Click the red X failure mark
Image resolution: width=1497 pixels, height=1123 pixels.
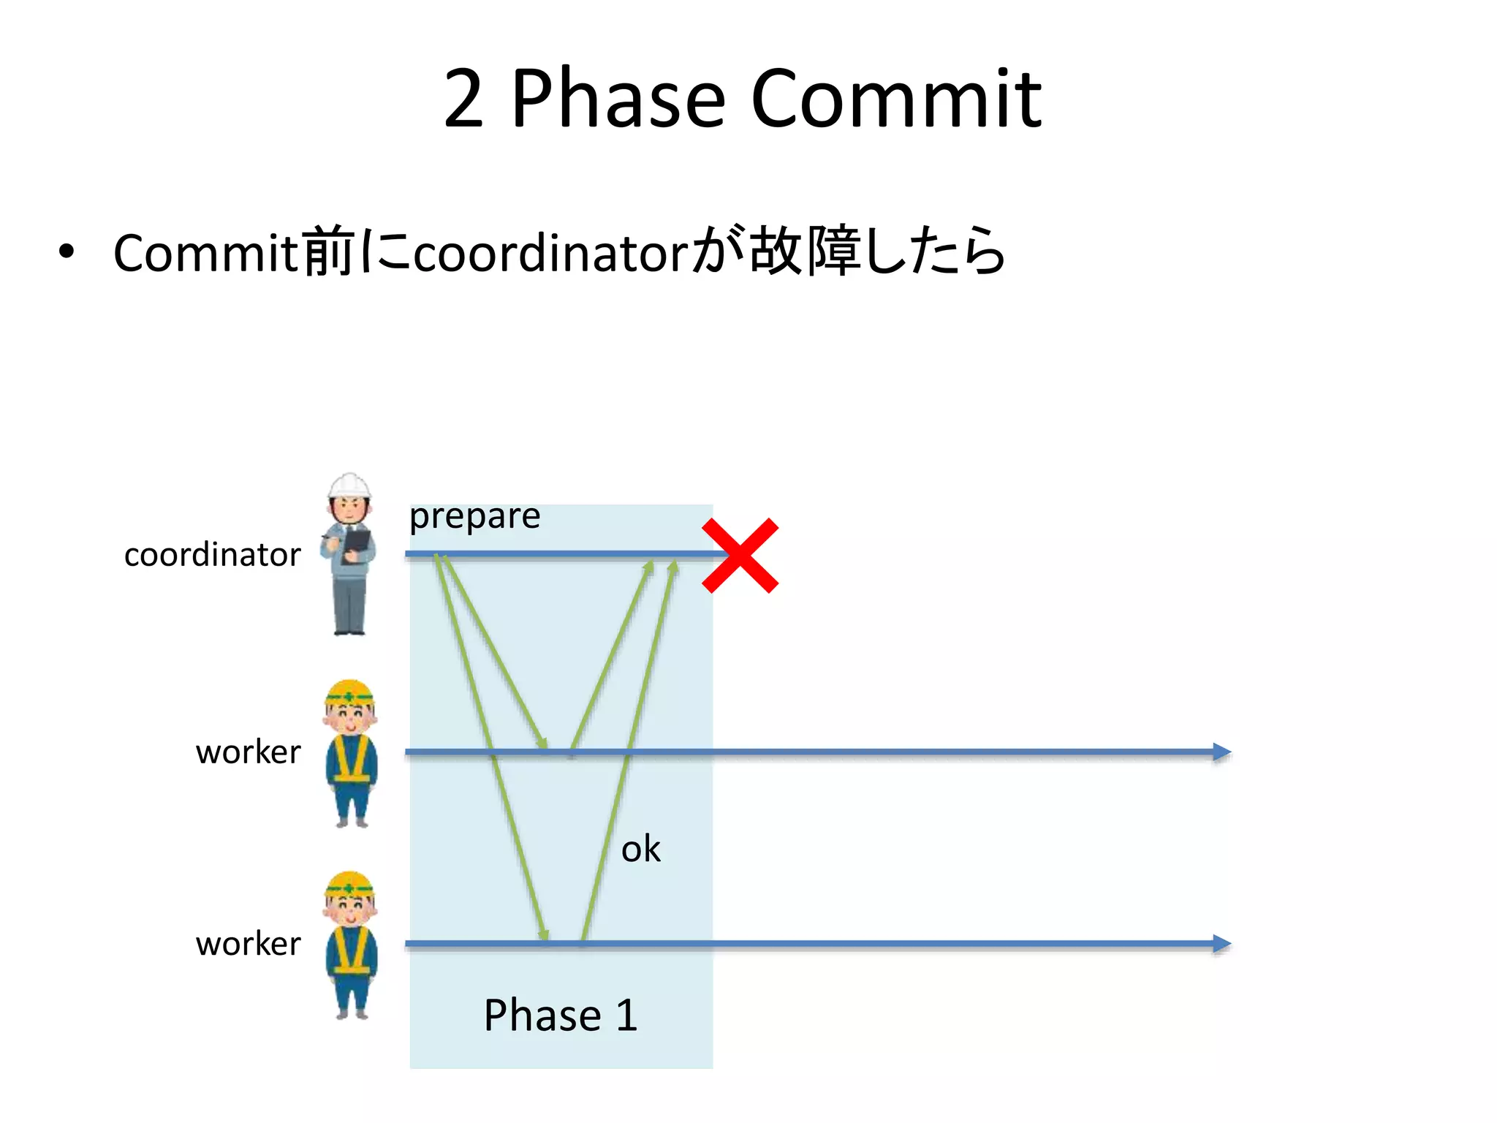click(x=740, y=556)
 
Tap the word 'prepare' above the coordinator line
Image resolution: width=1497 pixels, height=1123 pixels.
click(x=474, y=517)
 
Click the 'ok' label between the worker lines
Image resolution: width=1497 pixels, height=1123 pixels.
click(x=640, y=850)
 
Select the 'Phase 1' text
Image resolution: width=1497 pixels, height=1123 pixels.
click(x=561, y=1015)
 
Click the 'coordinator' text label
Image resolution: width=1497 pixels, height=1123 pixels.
click(x=212, y=555)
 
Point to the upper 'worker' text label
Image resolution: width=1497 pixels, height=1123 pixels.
click(x=248, y=752)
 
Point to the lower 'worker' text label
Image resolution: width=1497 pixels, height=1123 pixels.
click(x=248, y=944)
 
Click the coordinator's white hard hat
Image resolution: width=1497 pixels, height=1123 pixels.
click(x=349, y=485)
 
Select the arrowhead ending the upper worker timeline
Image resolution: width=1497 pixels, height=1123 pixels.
click(x=1221, y=752)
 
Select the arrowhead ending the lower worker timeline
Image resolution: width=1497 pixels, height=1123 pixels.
click(x=1221, y=943)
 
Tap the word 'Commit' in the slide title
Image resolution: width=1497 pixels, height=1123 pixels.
click(x=896, y=99)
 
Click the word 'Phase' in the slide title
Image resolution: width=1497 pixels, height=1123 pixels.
click(x=618, y=99)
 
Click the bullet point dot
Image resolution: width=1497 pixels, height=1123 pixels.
click(x=67, y=252)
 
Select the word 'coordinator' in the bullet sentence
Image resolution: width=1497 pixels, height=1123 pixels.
click(x=550, y=254)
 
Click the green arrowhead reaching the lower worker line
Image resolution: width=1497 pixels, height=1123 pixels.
click(x=544, y=934)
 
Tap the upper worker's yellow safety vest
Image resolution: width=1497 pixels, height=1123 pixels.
click(x=351, y=760)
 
